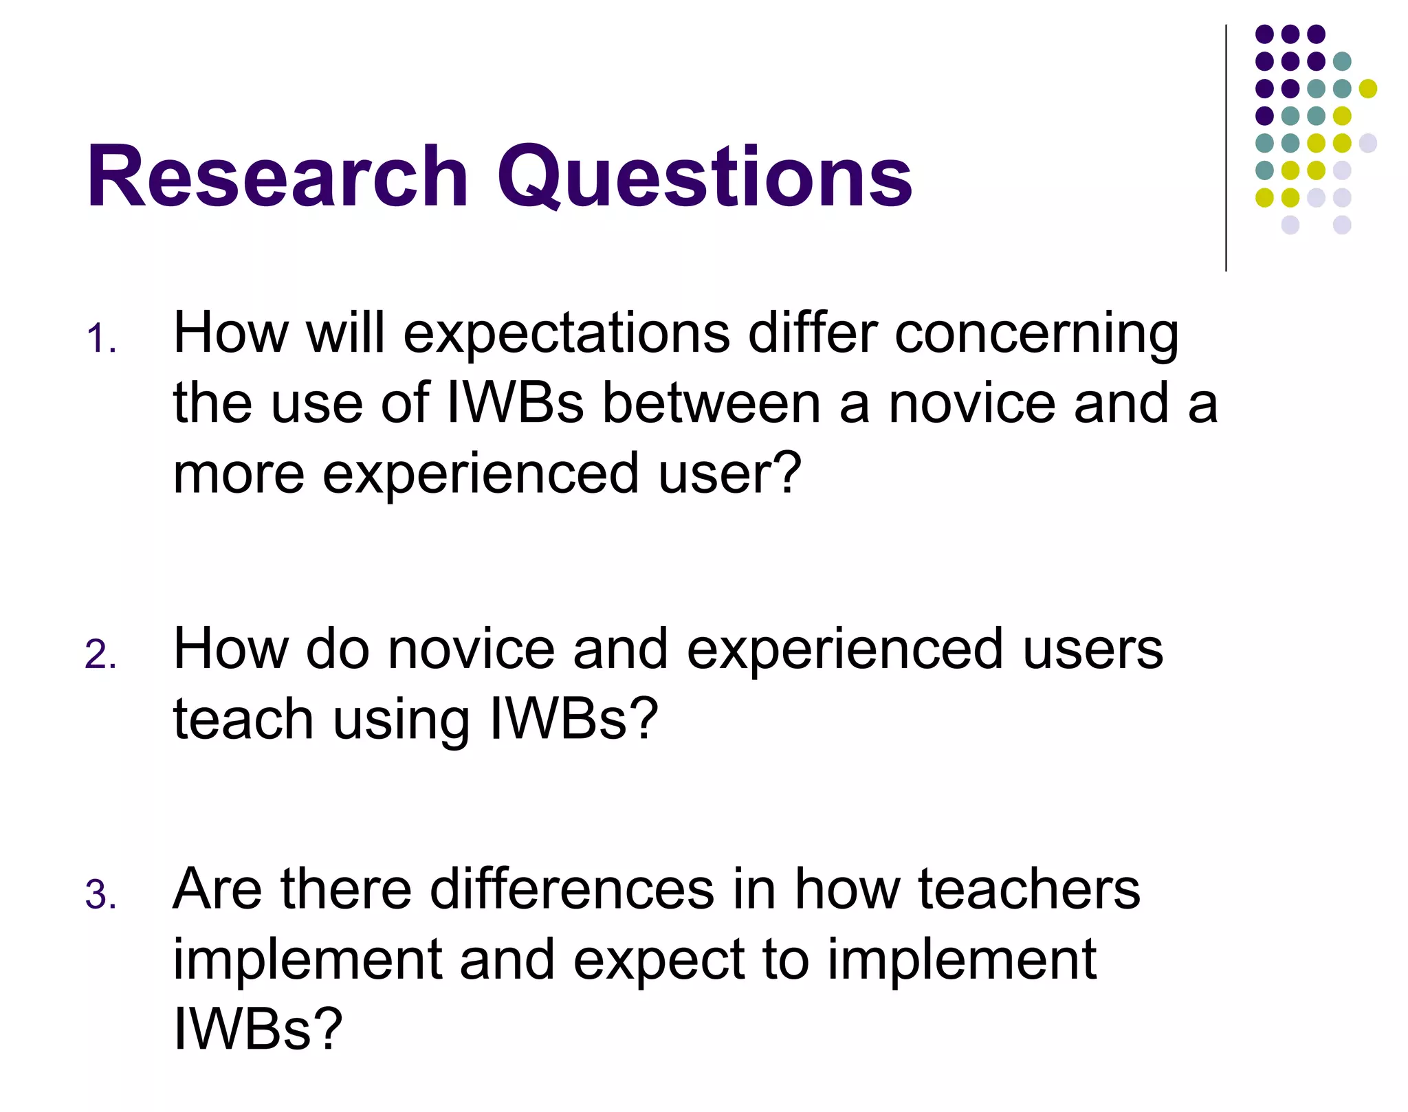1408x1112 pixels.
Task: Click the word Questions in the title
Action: [705, 177]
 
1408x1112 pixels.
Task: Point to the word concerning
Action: [1036, 335]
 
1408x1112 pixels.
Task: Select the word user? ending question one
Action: [729, 474]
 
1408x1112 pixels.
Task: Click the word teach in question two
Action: [243, 720]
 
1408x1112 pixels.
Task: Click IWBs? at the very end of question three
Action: [257, 1029]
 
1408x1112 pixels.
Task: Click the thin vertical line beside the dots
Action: [1226, 148]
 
